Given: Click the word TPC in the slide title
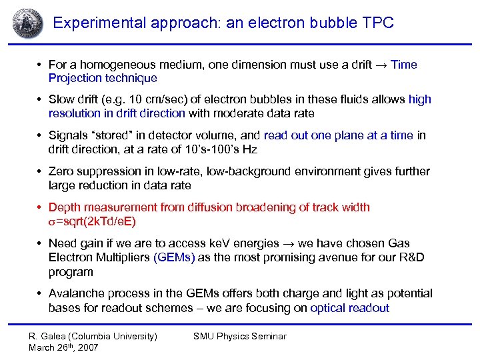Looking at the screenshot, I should click(377, 23).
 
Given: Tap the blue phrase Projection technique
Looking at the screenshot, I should click(103, 79).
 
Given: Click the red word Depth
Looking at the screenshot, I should click(65, 207).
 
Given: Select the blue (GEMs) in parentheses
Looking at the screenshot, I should click(174, 258).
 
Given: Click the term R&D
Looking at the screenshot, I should click(412, 258).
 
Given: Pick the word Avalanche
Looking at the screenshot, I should click(76, 293).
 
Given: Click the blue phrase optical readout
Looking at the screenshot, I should click(347, 308).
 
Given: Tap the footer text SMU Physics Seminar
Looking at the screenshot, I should click(239, 337).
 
